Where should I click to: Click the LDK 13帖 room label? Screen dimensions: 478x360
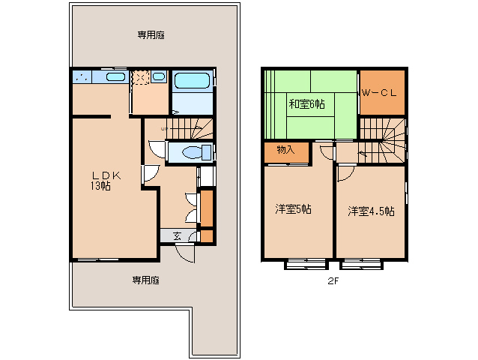click(x=106, y=181)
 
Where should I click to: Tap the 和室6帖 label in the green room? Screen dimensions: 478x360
click(x=306, y=104)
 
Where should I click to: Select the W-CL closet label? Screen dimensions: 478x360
click(x=379, y=92)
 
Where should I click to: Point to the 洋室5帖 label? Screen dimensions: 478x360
click(x=293, y=209)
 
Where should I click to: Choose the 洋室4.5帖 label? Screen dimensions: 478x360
click(x=371, y=211)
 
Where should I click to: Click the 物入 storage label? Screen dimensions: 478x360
click(x=285, y=149)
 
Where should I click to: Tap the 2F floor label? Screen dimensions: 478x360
click(x=333, y=281)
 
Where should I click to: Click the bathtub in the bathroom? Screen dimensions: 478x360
click(x=192, y=80)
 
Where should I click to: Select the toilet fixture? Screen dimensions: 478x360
click(x=196, y=152)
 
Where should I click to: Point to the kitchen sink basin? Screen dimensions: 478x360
click(x=115, y=76)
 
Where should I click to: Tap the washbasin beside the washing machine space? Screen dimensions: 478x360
click(x=159, y=76)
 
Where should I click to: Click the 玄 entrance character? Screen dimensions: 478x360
click(x=178, y=235)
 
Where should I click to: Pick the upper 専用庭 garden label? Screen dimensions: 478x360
click(x=151, y=35)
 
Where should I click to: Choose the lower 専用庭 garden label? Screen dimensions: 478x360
click(x=145, y=280)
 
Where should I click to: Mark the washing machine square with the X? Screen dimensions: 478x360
click(x=141, y=77)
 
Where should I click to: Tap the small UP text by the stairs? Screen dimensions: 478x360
click(x=164, y=129)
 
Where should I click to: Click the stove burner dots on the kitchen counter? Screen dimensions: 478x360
click(x=82, y=77)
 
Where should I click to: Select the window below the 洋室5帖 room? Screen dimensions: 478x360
click(x=306, y=264)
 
